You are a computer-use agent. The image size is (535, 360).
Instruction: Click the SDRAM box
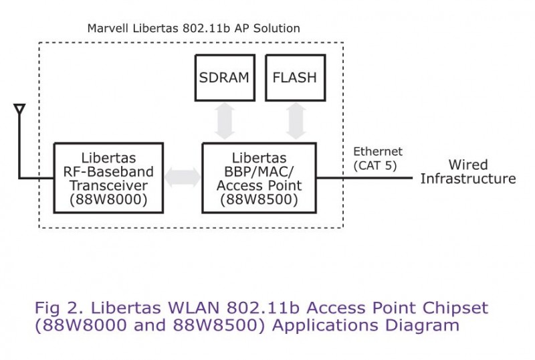223,78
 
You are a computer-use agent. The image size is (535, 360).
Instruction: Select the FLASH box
294,78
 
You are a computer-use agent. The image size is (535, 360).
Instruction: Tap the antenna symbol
19,109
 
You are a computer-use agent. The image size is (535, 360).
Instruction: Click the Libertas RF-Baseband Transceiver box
108,178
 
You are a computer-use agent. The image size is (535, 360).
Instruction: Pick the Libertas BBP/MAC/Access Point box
259,178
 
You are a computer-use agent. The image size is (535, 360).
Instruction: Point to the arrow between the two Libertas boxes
182,178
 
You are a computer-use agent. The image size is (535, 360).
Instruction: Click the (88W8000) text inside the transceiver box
108,200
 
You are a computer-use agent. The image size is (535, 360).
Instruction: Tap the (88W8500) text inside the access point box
259,199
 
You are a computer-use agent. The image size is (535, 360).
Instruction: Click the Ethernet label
378,152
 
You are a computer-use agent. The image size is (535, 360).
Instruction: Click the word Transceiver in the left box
108,186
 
